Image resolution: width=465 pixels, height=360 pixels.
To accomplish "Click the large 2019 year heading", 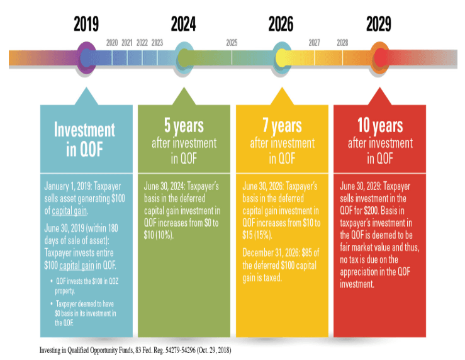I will (x=86, y=24).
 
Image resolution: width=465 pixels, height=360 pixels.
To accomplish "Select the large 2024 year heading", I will (x=183, y=24).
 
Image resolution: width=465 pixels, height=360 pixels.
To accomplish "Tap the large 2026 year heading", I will (x=281, y=24).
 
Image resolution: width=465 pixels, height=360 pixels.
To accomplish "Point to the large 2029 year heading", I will (x=379, y=24).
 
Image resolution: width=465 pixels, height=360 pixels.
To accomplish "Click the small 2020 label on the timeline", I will (x=112, y=43).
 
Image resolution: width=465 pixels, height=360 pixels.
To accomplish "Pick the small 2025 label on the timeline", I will (x=232, y=43).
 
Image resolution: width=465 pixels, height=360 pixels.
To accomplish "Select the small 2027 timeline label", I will (x=315, y=43).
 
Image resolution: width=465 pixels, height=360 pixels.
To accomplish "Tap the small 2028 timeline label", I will (x=342, y=43).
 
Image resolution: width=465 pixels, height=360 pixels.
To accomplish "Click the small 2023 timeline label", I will (x=157, y=43).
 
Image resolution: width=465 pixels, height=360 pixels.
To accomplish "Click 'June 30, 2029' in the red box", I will (x=362, y=187).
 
